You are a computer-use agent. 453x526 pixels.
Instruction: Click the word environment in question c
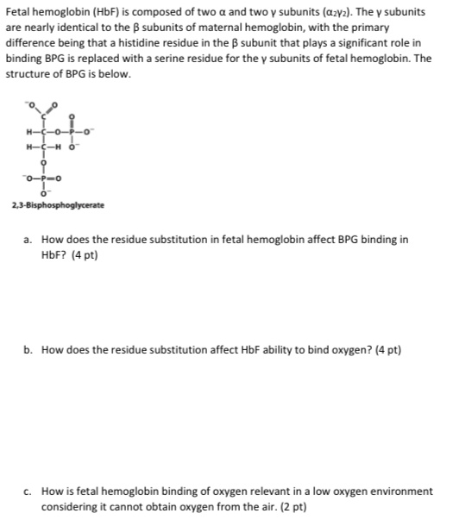398,491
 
